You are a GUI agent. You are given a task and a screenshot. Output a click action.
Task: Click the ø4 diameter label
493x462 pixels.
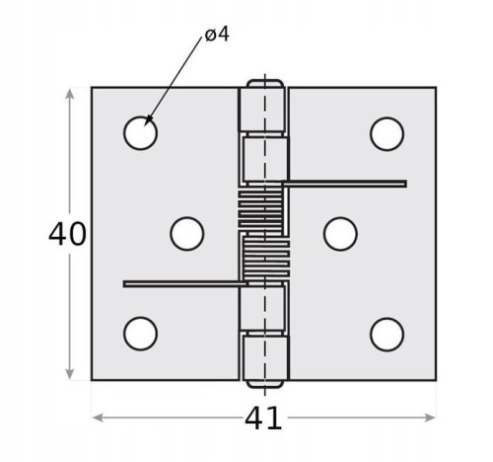click(x=217, y=35)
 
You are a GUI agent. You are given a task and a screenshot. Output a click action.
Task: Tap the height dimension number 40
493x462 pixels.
click(x=67, y=234)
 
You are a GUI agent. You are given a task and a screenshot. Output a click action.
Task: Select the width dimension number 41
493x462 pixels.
click(x=263, y=419)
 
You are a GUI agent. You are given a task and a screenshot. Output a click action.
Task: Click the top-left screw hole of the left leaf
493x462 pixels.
click(x=140, y=133)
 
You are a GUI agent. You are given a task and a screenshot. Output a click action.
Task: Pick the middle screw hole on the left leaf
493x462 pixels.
click(x=187, y=234)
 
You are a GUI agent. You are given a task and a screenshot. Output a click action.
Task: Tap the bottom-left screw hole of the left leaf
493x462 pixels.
click(x=140, y=334)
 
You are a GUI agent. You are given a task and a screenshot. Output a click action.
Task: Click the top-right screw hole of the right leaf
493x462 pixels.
click(x=387, y=134)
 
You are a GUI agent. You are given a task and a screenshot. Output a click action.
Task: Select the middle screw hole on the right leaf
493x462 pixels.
click(x=340, y=234)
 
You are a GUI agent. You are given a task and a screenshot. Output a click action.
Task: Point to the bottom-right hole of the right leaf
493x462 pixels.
click(x=387, y=335)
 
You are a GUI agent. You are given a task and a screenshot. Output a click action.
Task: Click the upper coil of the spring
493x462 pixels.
click(x=260, y=210)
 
